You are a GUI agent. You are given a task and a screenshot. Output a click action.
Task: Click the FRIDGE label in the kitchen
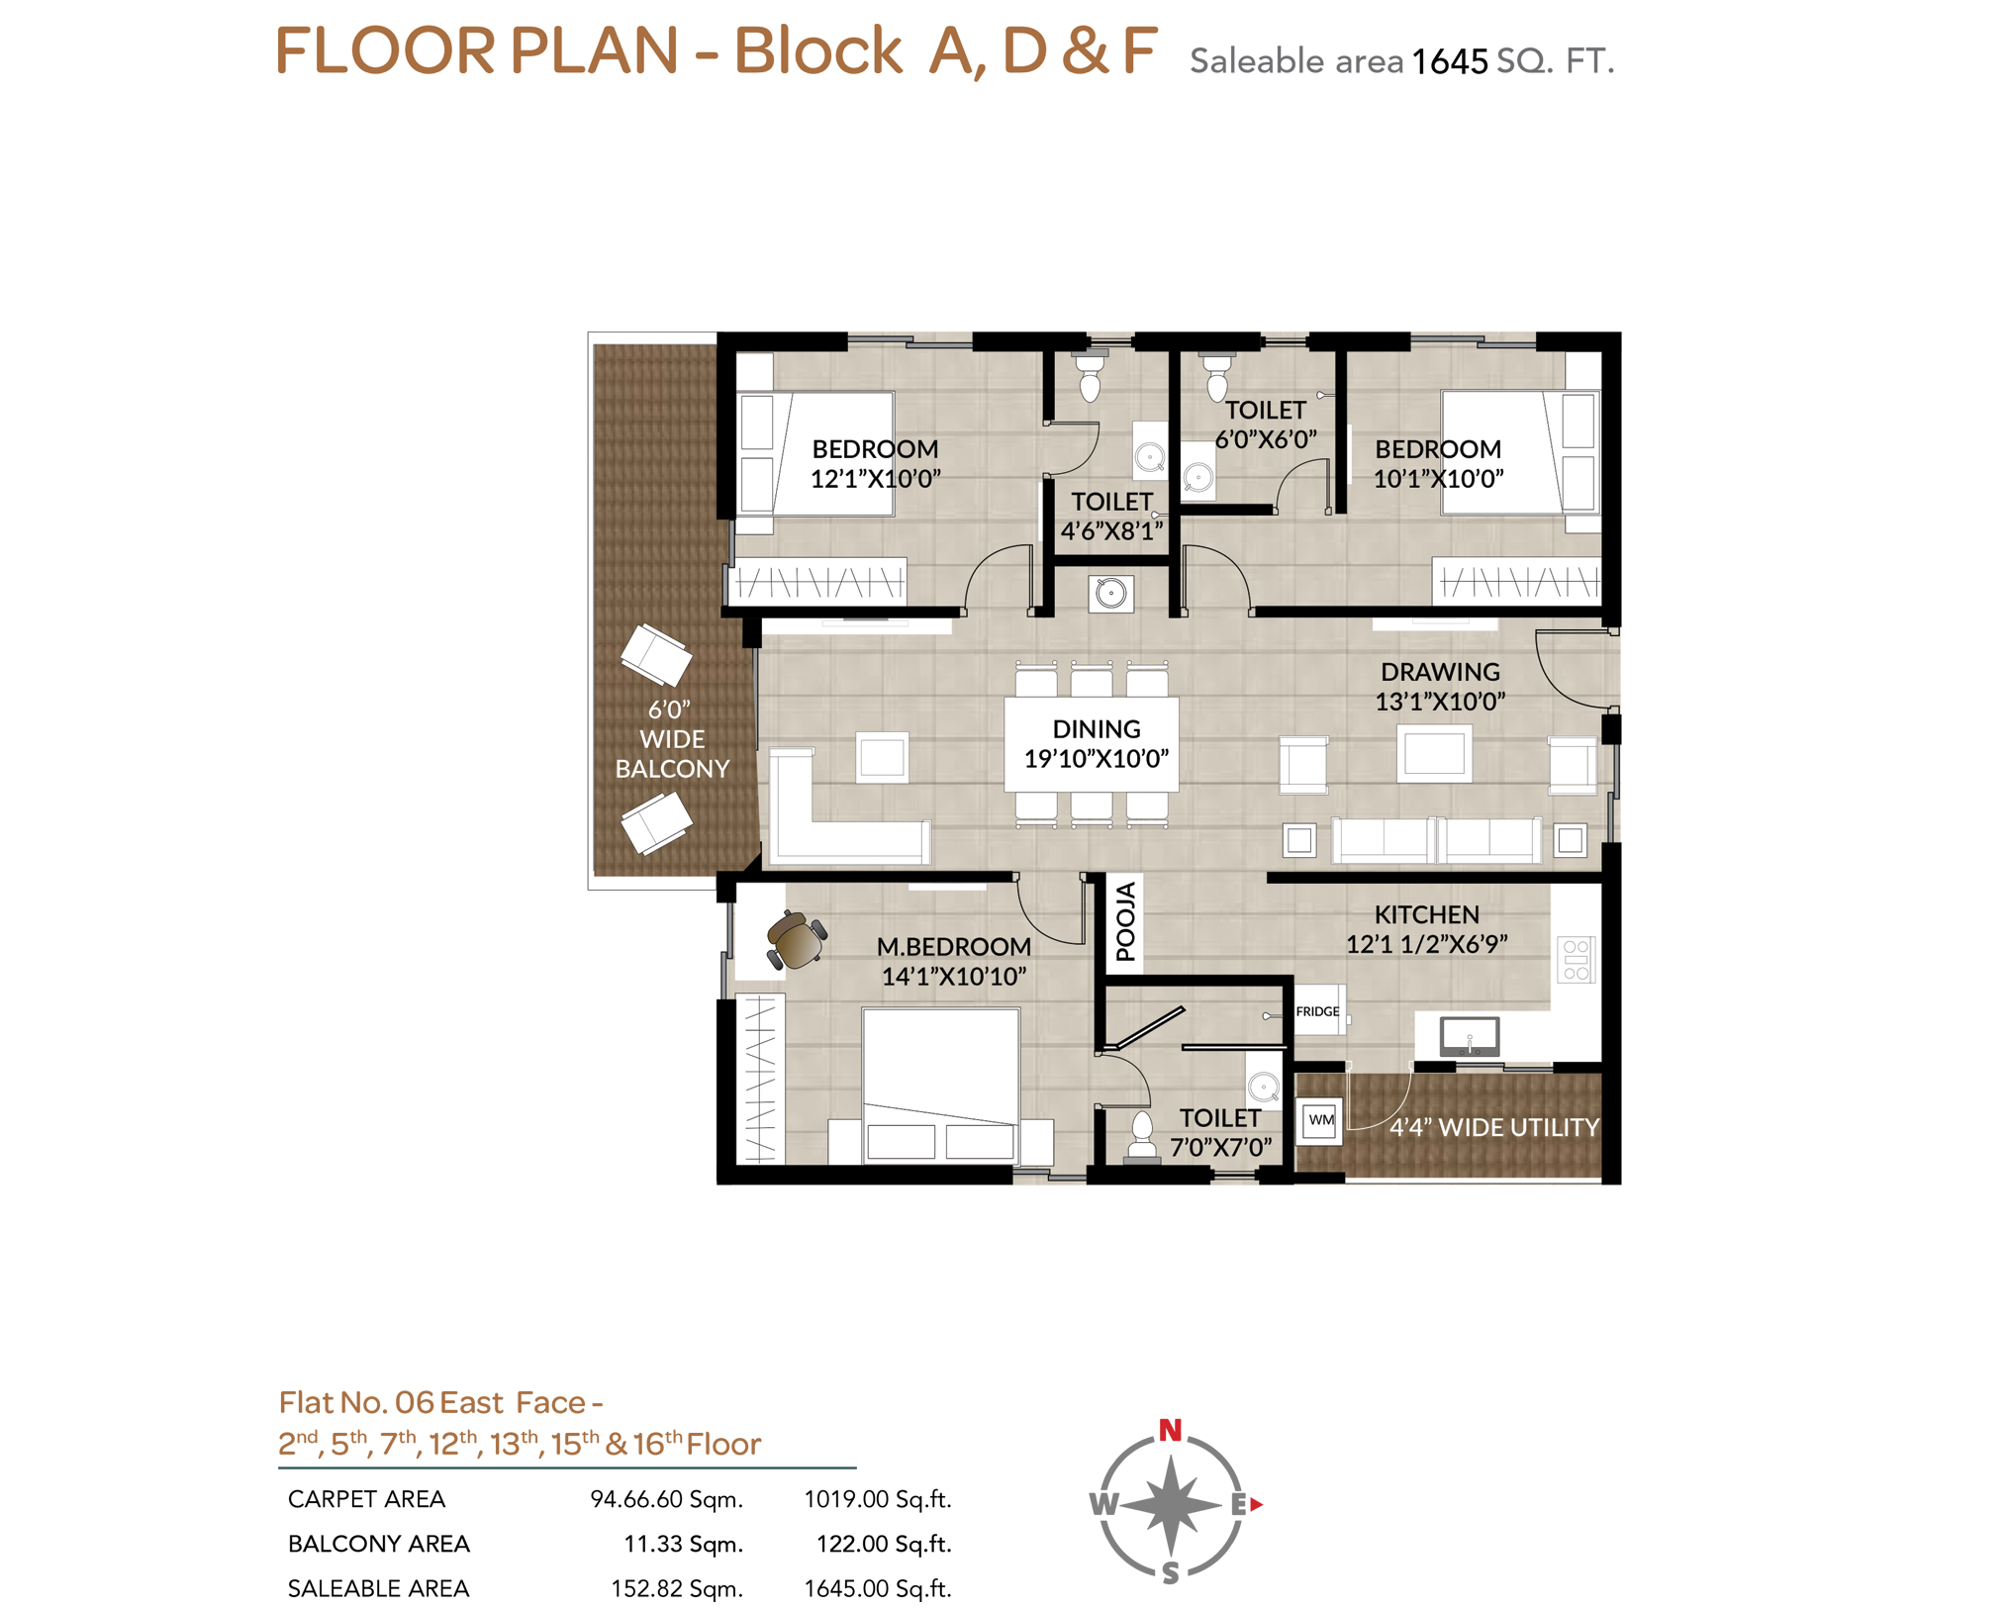click(x=1317, y=1011)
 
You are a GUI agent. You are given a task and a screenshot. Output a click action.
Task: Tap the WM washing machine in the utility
click(x=1320, y=1121)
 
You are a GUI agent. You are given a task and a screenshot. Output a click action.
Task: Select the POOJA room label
click(x=1125, y=922)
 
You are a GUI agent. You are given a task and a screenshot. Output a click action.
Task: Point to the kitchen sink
click(x=1470, y=1036)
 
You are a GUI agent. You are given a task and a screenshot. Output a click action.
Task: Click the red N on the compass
click(x=1170, y=1430)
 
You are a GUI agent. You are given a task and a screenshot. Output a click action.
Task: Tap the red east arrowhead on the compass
click(x=1257, y=1504)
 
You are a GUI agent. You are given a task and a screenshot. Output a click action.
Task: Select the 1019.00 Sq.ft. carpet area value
click(x=877, y=1499)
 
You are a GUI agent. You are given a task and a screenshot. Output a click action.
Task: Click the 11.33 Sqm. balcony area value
click(x=683, y=1544)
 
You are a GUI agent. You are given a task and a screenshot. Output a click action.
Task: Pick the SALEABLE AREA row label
click(x=378, y=1588)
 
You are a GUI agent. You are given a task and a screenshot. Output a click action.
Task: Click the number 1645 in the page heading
click(x=1449, y=62)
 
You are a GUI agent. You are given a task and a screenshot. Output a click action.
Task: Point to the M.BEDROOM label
click(x=954, y=947)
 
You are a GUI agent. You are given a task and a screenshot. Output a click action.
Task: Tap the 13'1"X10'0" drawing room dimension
click(x=1440, y=702)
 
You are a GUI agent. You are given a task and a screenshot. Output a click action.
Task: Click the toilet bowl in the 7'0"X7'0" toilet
click(x=1142, y=1135)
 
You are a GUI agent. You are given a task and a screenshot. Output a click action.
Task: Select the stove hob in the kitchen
click(x=1576, y=959)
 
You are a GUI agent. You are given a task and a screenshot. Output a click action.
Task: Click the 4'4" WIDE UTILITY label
click(x=1493, y=1127)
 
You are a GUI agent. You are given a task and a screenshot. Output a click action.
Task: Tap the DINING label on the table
click(x=1097, y=729)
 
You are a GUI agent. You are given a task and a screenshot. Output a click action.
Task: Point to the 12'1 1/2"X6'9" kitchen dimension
click(x=1426, y=944)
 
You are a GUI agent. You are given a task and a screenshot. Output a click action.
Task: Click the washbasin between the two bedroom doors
click(x=1110, y=594)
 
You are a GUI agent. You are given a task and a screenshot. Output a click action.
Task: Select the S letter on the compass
click(x=1171, y=1572)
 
